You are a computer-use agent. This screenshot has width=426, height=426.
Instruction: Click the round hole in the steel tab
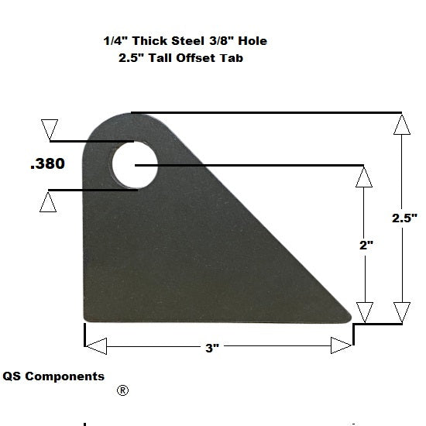[x=134, y=165]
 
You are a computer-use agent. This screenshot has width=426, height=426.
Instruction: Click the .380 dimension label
[x=47, y=164]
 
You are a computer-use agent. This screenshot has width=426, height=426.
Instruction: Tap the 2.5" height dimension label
[x=404, y=218]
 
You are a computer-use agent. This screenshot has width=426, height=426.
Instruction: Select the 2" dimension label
[x=366, y=245]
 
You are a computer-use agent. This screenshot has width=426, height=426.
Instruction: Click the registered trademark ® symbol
[x=122, y=390]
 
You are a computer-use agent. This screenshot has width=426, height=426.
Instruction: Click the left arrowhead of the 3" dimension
[x=94, y=345]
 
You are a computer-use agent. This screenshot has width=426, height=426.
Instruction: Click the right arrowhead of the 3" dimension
[x=342, y=345]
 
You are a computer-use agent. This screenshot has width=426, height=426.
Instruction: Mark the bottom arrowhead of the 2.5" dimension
[x=400, y=312]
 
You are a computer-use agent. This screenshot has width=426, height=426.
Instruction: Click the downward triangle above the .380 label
[x=50, y=129]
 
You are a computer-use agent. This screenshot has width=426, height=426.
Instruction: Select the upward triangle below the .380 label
[x=48, y=202]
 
